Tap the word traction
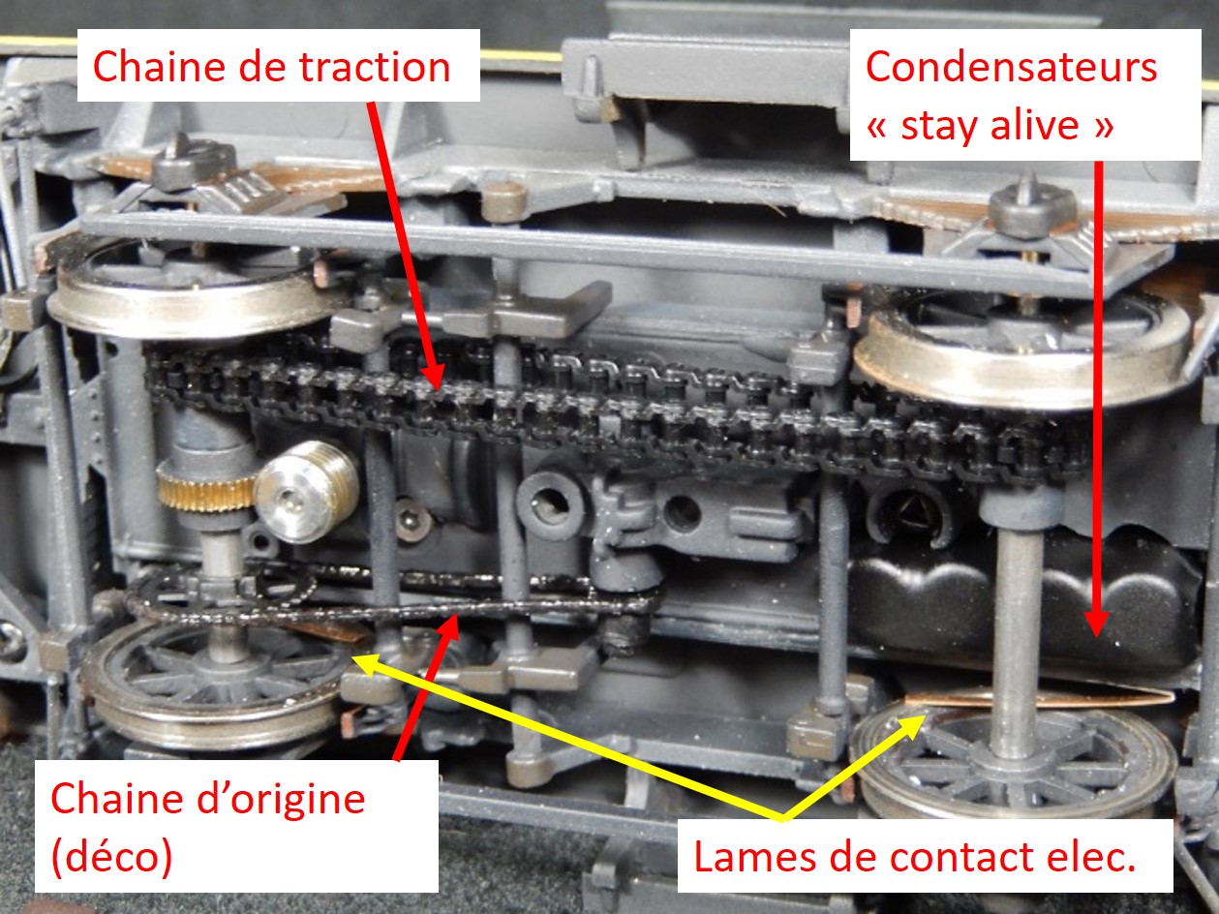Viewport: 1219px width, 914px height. [x=375, y=67]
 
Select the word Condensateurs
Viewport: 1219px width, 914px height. [x=1011, y=66]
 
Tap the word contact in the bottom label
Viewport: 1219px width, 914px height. [x=966, y=859]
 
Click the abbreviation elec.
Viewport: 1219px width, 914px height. [x=1092, y=858]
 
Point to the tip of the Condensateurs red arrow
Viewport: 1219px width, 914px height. [x=1097, y=635]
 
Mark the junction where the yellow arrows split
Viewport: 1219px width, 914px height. [x=783, y=820]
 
